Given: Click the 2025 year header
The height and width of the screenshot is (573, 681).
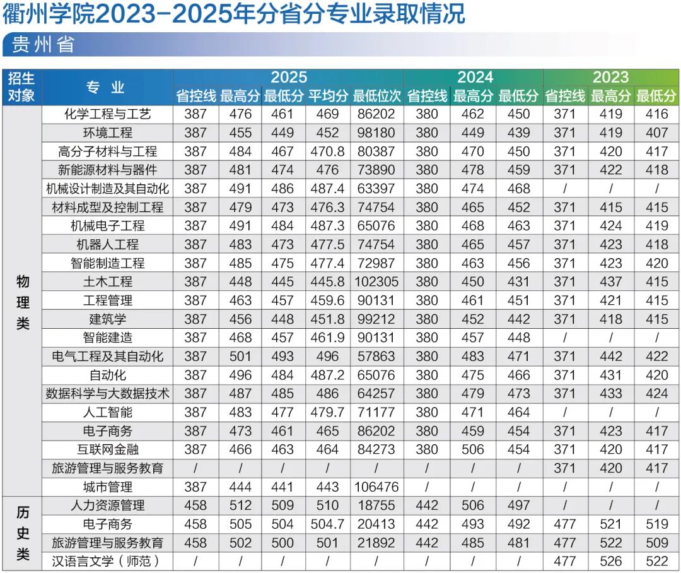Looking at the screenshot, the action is [289, 77].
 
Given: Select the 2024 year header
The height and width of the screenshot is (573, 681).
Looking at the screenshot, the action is [475, 77].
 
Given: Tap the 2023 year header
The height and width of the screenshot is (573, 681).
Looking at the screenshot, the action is [610, 77].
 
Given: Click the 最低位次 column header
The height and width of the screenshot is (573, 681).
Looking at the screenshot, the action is [376, 96].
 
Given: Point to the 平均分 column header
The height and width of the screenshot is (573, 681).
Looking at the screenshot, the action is [328, 96].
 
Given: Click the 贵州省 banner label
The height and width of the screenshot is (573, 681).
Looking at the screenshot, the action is [43, 44].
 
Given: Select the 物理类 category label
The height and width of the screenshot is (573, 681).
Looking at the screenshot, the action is [23, 302].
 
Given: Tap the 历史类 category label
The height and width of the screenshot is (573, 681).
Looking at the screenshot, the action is [23, 533].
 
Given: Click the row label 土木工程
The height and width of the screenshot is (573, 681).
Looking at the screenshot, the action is [108, 281].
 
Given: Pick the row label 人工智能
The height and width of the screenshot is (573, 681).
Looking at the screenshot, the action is [108, 412].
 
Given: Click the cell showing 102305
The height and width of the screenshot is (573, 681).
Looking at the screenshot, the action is [376, 281].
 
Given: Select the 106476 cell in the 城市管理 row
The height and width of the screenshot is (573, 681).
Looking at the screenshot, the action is [376, 487].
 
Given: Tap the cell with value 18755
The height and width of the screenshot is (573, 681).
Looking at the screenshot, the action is [376, 505].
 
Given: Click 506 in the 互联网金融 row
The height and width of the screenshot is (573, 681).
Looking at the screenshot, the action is [472, 449].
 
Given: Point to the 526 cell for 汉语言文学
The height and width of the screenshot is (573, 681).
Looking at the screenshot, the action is [610, 561].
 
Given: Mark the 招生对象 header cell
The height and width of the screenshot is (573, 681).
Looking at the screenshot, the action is [21, 86].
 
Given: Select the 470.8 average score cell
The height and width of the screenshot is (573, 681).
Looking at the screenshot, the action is [327, 151].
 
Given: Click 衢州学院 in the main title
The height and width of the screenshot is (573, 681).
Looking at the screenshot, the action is [48, 13].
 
